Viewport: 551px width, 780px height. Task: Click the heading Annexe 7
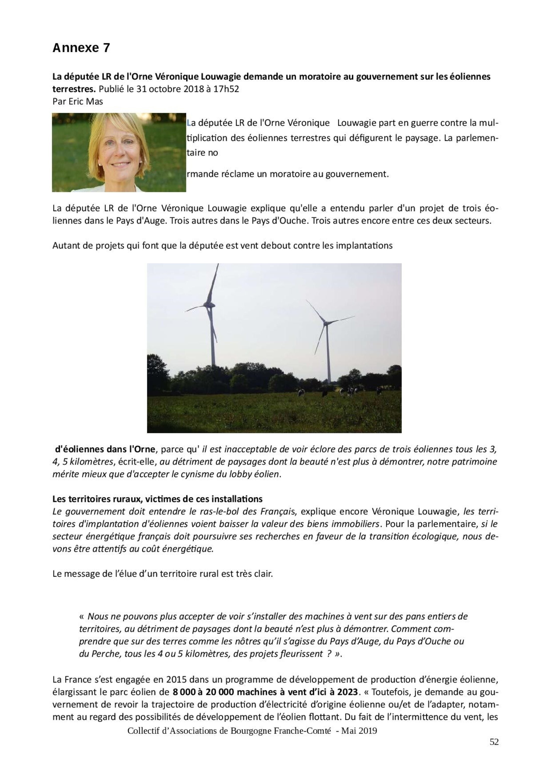pos(81,48)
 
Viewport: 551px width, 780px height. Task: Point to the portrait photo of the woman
pos(119,153)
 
